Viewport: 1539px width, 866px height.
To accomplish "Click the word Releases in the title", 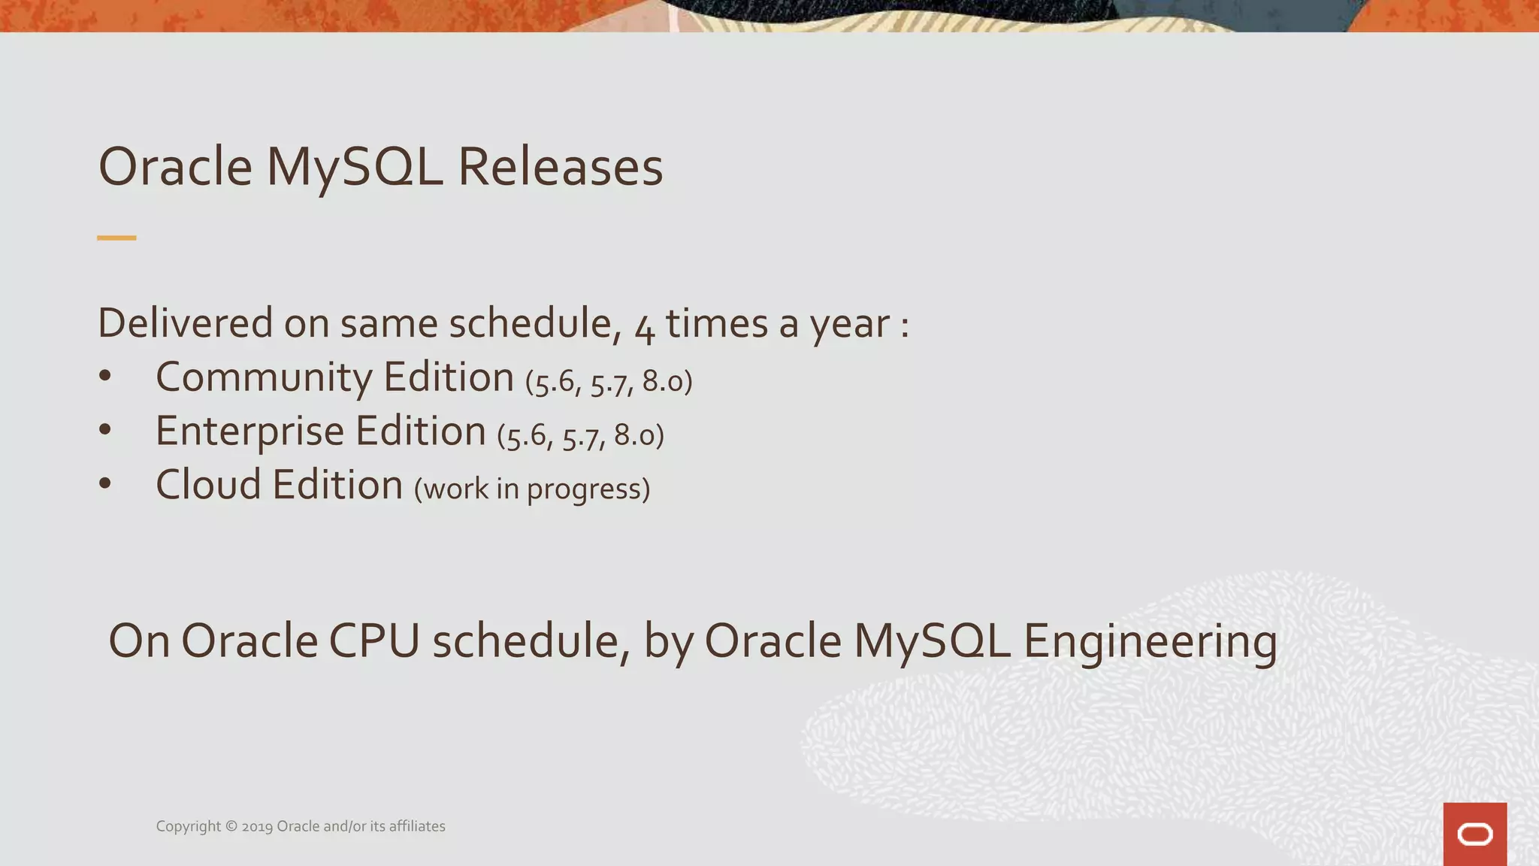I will pyautogui.click(x=560, y=167).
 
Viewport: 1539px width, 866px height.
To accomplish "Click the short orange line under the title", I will pyautogui.click(x=116, y=238).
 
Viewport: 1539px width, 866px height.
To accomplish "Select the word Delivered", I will pyautogui.click(x=185, y=323).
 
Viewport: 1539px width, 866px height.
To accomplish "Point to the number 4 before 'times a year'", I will pyautogui.click(x=644, y=328).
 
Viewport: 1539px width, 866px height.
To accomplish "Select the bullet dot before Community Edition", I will pyautogui.click(x=105, y=377).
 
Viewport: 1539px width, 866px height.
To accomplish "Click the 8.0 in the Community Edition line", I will pyautogui.click(x=662, y=382).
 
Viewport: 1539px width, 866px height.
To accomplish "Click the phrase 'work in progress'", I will pyautogui.click(x=531, y=489).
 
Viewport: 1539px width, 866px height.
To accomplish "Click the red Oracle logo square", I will pyautogui.click(x=1474, y=834).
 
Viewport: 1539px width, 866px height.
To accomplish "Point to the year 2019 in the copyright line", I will pyautogui.click(x=257, y=827).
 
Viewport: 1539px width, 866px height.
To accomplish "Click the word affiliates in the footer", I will pyautogui.click(x=417, y=826).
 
